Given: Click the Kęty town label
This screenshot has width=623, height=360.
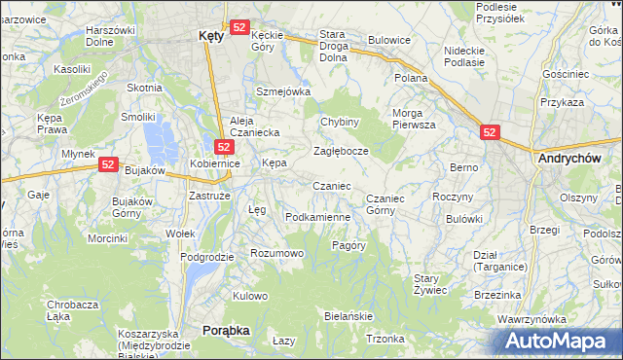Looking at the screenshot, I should click(210, 34).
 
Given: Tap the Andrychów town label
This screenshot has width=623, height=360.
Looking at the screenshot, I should click(566, 157).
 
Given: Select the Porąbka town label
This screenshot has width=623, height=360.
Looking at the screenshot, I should click(226, 331).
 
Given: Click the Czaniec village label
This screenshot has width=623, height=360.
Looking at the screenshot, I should click(331, 185).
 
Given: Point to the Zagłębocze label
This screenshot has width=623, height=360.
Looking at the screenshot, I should click(340, 152).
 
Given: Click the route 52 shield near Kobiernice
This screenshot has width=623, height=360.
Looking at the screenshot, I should click(223, 147).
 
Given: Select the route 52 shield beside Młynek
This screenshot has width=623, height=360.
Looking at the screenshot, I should click(107, 166).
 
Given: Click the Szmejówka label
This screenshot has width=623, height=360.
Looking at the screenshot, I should click(282, 91).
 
